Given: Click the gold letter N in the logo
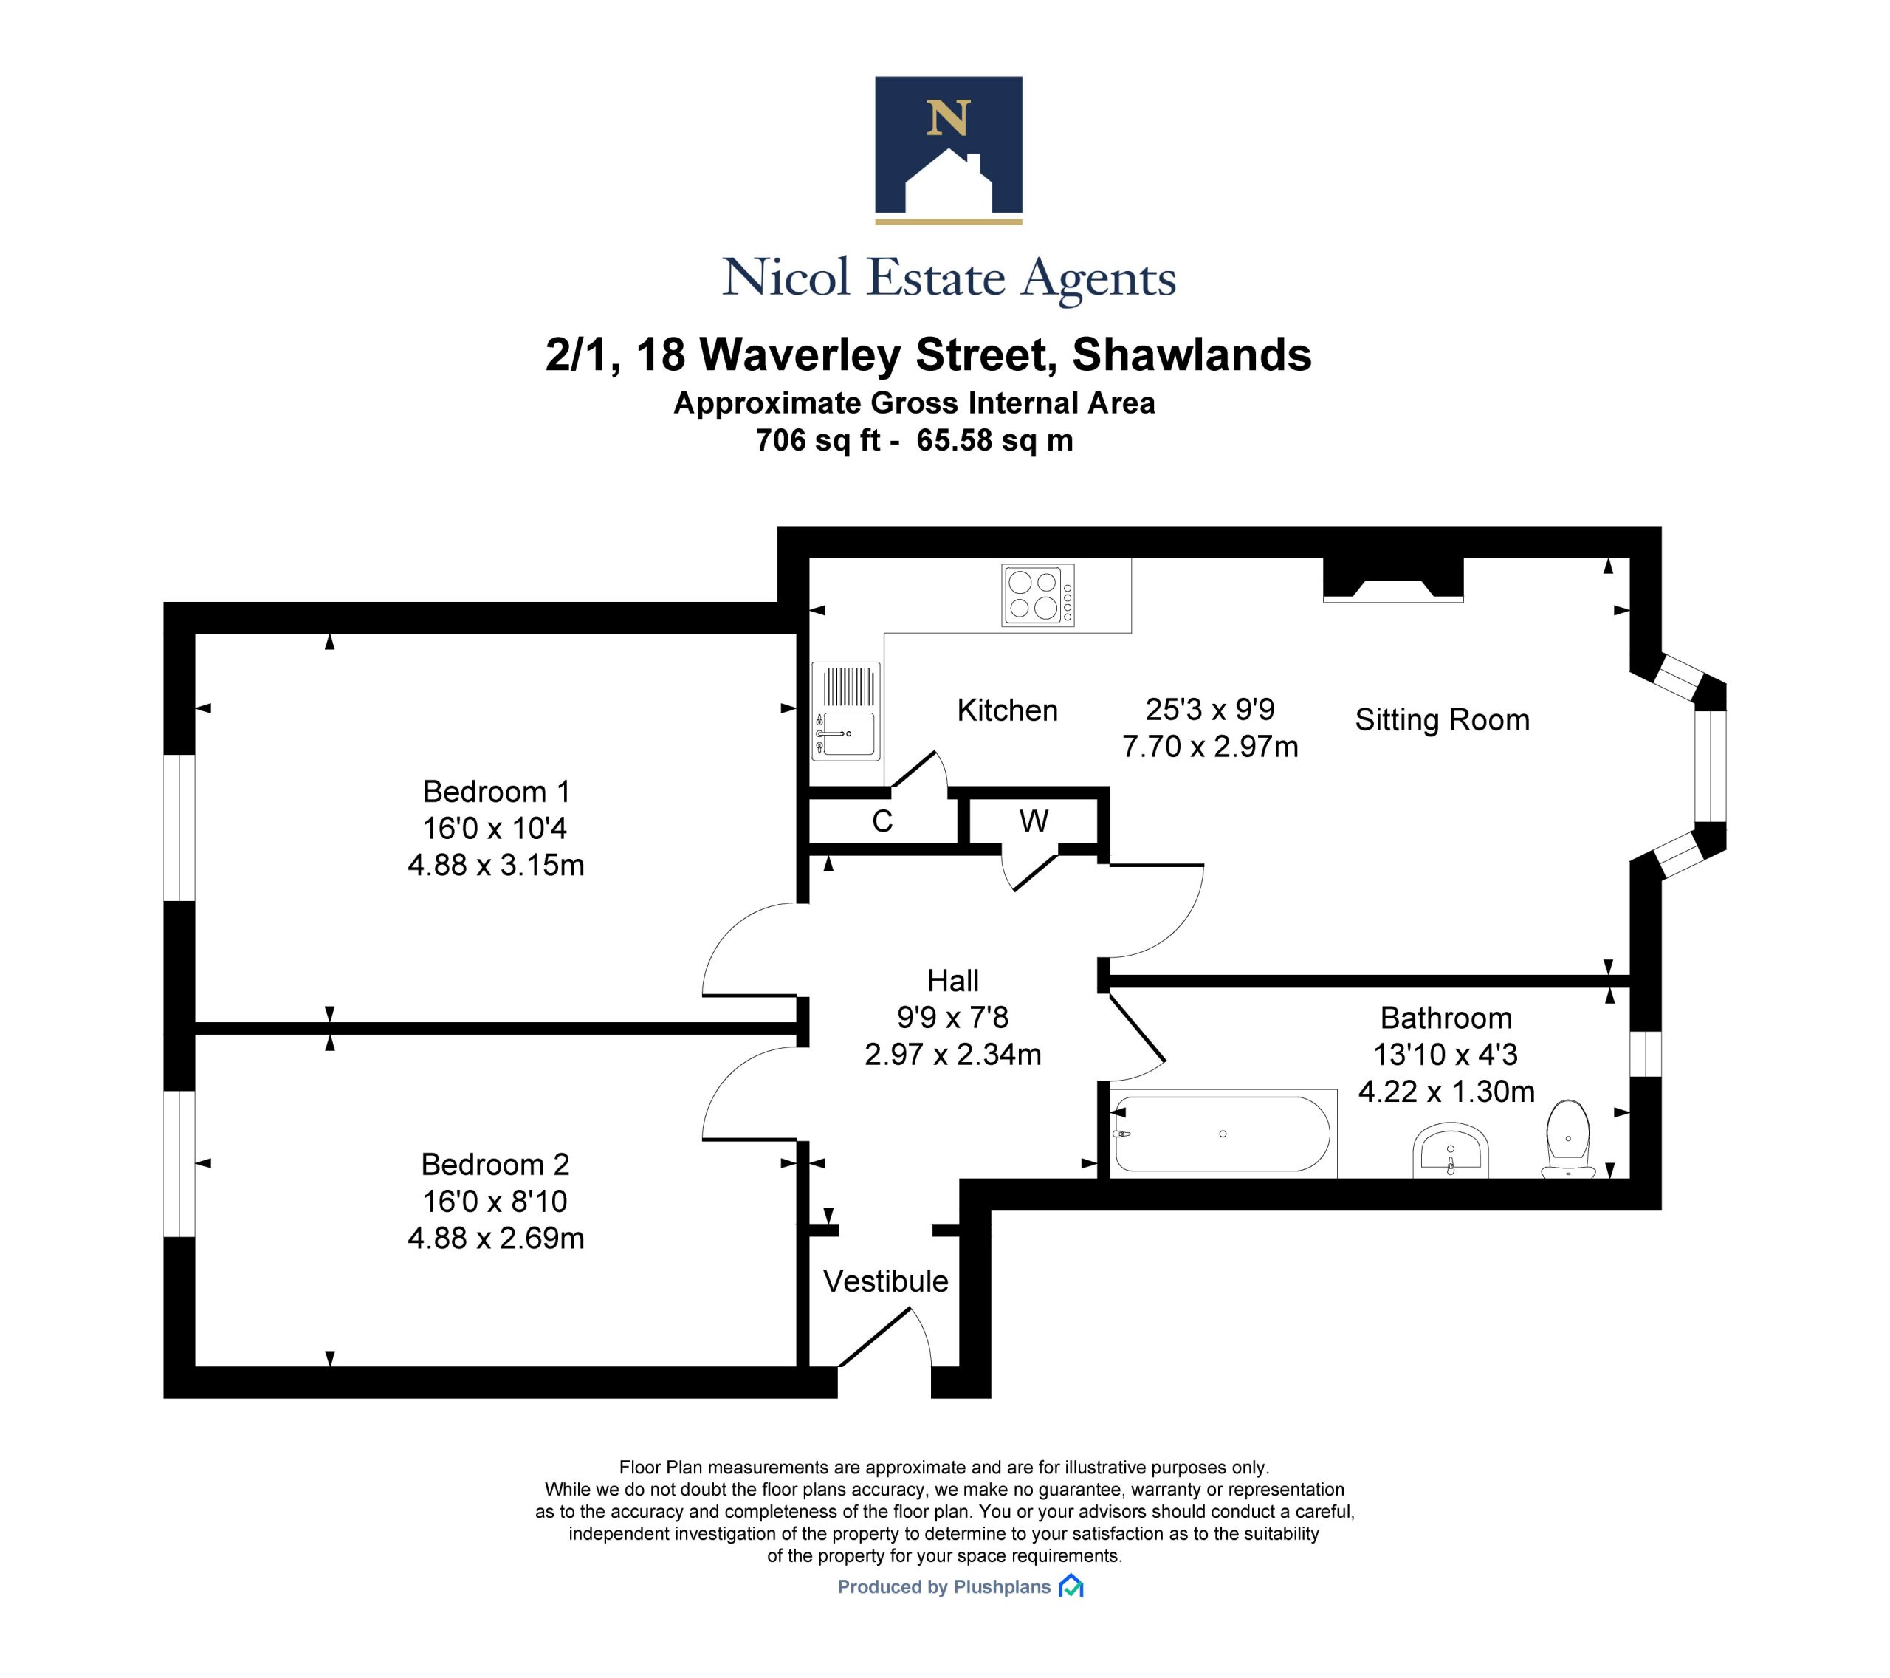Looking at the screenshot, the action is point(948,117).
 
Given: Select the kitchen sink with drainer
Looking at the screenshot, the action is point(845,710).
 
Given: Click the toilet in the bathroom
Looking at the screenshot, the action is point(1568,1139).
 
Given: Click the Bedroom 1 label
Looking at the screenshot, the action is point(497,792).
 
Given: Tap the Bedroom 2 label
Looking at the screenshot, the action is point(495,1164).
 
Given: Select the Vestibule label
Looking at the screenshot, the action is point(886,1281).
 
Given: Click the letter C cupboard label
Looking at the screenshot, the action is point(882,821).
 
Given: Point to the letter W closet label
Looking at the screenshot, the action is point(1034,821).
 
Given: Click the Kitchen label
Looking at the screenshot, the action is point(1007,710).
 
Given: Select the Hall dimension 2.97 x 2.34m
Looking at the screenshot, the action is point(953,1055).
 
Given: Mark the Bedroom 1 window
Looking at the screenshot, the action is point(179,828).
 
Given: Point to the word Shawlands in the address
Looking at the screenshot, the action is point(1192,355).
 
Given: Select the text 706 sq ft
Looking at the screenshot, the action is point(817,440).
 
